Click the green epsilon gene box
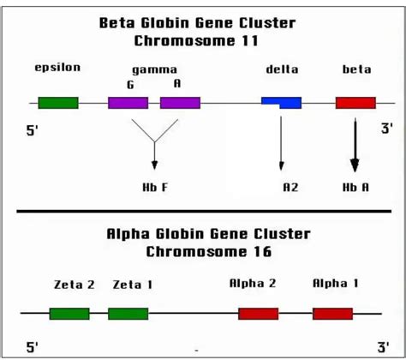click(x=57, y=103)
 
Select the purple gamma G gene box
click(x=128, y=103)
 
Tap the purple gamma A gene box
click(x=180, y=103)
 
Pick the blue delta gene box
click(x=281, y=103)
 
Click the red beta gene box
click(x=355, y=103)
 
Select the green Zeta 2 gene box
click(x=69, y=313)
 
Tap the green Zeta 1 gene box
click(x=128, y=313)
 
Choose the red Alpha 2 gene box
click(x=258, y=313)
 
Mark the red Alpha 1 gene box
click(x=332, y=313)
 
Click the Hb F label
click(x=155, y=185)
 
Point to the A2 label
click(x=290, y=185)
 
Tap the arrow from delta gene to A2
click(x=281, y=141)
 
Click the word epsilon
click(x=57, y=68)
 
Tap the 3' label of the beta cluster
click(x=386, y=129)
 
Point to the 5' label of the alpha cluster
click(x=33, y=347)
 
